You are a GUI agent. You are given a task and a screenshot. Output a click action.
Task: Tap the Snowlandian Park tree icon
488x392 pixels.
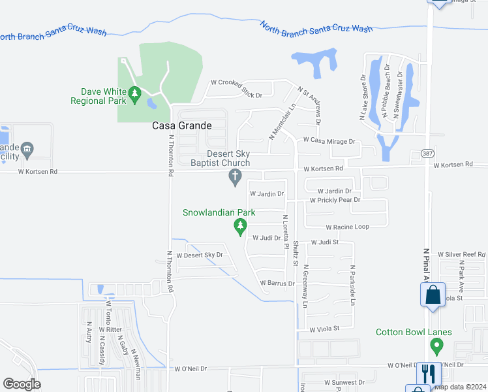click(x=239, y=225)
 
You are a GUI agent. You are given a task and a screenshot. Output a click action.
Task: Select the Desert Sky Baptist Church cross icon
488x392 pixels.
click(x=236, y=176)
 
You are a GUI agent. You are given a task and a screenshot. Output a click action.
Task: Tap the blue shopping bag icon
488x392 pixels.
click(x=432, y=295)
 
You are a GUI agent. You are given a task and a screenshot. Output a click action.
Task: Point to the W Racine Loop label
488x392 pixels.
click(x=348, y=227)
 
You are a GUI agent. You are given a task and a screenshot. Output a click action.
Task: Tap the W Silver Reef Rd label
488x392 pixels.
click(x=462, y=253)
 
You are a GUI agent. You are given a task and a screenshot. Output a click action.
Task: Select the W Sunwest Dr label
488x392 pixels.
click(x=344, y=382)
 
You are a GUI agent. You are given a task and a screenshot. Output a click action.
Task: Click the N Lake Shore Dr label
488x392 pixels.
click(x=363, y=98)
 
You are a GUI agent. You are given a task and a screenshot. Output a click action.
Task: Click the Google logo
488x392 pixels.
click(x=22, y=384)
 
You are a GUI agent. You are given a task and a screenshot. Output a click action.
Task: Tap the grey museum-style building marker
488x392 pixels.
click(x=27, y=150)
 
